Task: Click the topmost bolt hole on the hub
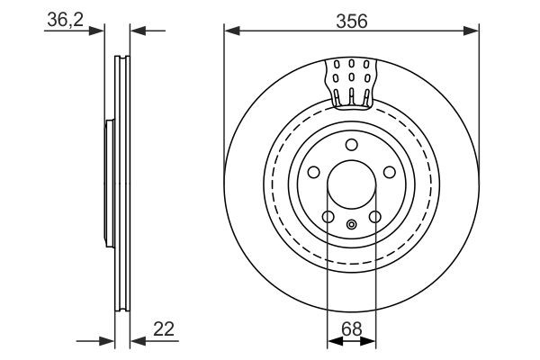pos(352,146)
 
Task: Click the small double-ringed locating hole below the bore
pos(352,223)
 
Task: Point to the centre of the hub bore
pos(352,185)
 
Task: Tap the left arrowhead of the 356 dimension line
pos(230,31)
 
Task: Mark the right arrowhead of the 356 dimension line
pos(473,31)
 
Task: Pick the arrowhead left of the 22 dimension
pos(109,341)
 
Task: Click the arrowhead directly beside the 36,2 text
pos(100,31)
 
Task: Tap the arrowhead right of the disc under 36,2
pos(136,31)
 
